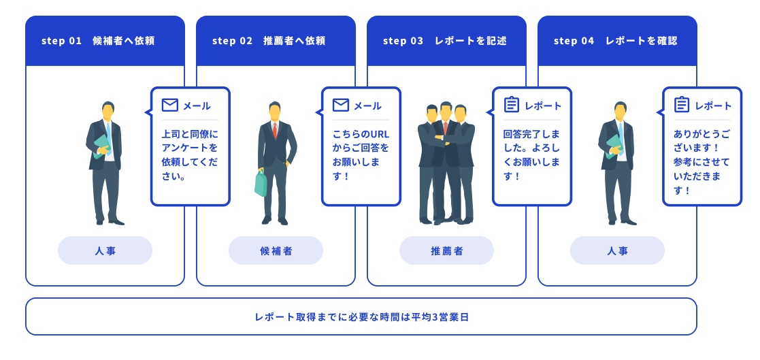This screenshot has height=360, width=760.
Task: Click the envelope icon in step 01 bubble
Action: (x=170, y=105)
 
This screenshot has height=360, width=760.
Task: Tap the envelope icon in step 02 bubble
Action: (x=341, y=105)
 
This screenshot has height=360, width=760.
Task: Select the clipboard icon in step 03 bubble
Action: (x=512, y=105)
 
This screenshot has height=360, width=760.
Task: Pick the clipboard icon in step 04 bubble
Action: (x=682, y=105)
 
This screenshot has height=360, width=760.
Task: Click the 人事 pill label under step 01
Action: (x=105, y=250)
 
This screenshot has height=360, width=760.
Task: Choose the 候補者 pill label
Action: (x=276, y=250)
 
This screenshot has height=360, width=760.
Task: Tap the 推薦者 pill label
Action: (x=446, y=250)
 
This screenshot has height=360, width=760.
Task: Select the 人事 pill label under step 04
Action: (x=617, y=250)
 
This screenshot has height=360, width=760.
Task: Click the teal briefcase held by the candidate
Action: (x=261, y=183)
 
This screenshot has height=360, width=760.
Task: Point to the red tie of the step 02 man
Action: (x=275, y=130)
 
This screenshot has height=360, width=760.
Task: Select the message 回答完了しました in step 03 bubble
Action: (x=531, y=140)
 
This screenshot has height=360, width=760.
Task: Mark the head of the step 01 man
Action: (x=108, y=110)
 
